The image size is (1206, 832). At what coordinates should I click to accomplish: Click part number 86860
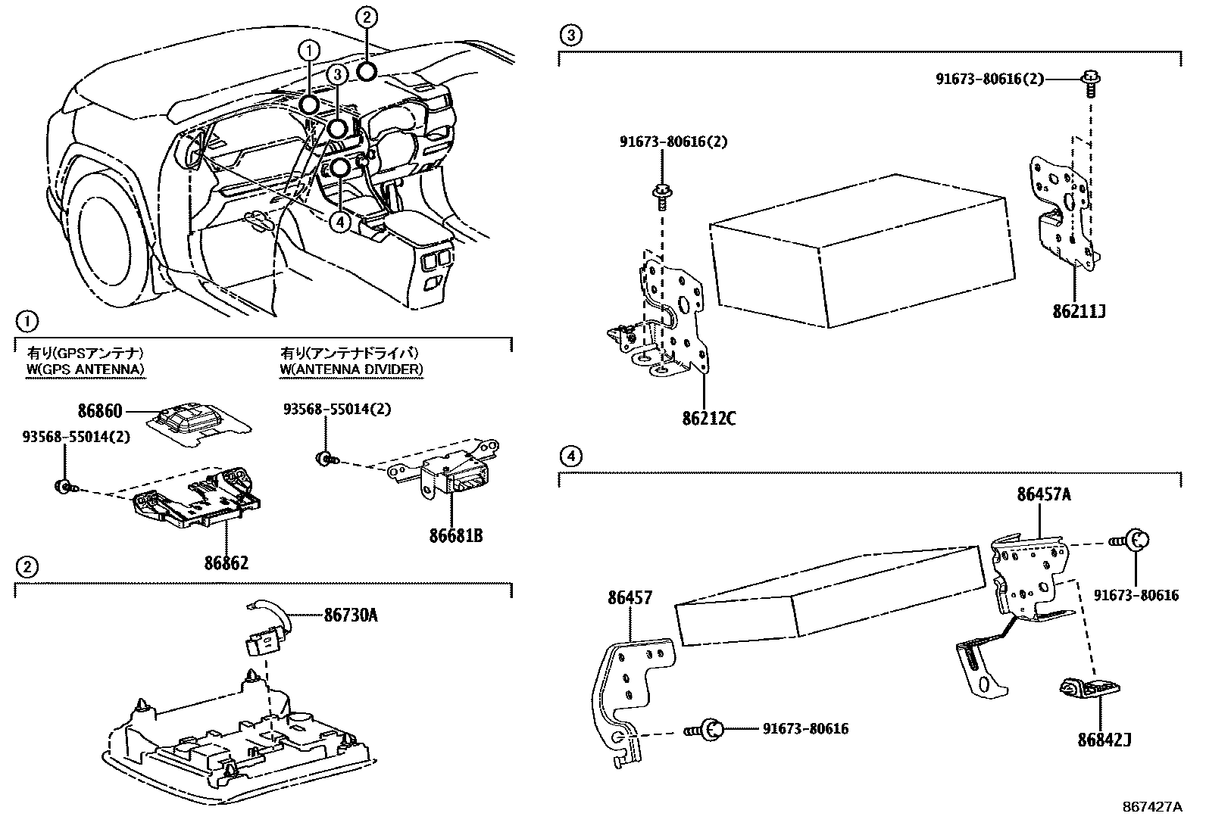(99, 411)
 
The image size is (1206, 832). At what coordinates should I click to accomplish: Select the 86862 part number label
(226, 562)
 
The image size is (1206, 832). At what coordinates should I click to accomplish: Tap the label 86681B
(455, 536)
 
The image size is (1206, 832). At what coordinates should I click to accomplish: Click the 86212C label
(708, 417)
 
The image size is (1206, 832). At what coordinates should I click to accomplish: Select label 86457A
(1044, 494)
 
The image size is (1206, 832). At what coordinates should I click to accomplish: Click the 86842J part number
(1104, 739)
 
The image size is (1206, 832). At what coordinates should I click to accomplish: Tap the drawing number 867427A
(1151, 806)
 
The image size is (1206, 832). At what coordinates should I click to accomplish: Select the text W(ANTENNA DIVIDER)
(351, 369)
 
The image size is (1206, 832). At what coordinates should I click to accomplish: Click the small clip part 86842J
(1089, 690)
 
